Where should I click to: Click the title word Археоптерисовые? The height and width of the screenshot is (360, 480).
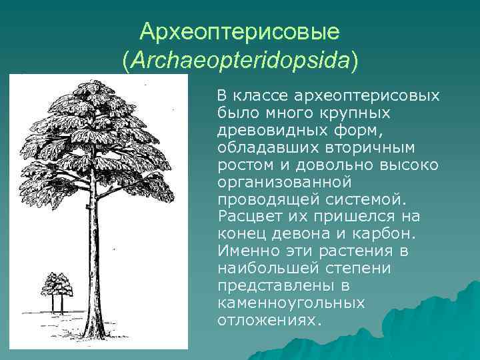click(241, 31)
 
